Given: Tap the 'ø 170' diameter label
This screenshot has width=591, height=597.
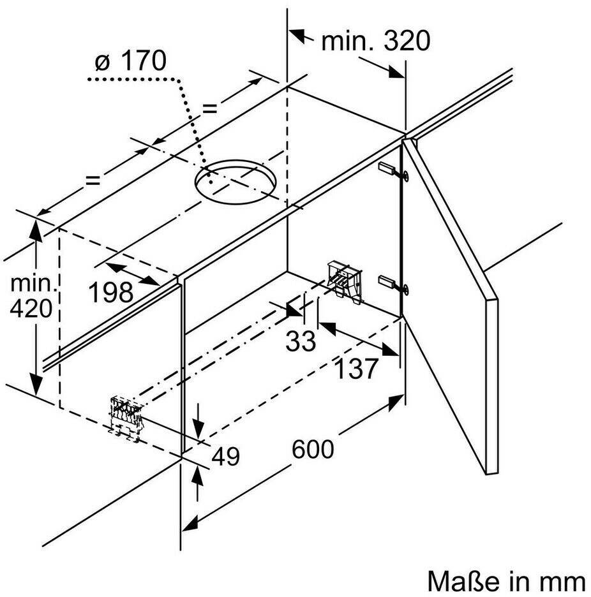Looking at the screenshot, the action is pos(130,61).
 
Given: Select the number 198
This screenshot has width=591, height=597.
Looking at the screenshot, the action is pos(111,292).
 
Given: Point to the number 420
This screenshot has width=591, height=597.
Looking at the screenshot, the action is pos(31,309).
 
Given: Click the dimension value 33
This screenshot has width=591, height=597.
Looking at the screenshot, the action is pos(301,341).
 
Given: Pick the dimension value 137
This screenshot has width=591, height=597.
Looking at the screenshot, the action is pos(356,369).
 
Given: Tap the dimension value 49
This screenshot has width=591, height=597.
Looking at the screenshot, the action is pos(225,456).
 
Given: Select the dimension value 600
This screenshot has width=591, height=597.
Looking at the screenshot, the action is pos(313,449).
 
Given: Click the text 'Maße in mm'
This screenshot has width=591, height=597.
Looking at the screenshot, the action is pos(507,582).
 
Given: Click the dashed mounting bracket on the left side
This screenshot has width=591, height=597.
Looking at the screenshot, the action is pos(126,418).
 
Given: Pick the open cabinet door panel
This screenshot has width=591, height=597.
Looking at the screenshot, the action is pos(451,305).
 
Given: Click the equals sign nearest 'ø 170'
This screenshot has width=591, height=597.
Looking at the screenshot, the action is pos(209,109).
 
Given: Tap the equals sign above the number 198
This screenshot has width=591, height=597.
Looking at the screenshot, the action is pos(93,180).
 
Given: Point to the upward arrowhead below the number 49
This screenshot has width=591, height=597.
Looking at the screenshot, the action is pos(197,475).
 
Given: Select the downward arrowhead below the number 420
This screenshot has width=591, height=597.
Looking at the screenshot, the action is pos(36,385).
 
